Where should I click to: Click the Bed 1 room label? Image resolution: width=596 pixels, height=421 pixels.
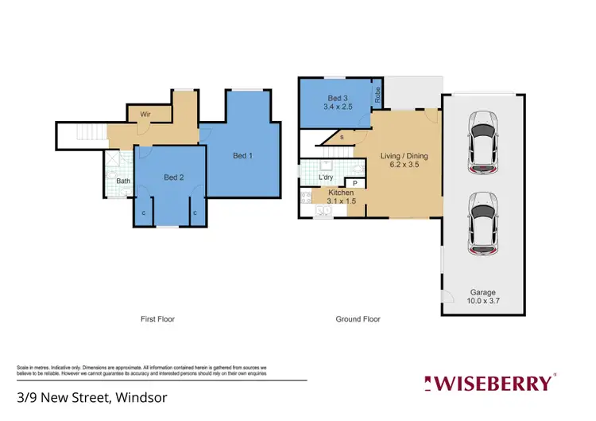(242, 156)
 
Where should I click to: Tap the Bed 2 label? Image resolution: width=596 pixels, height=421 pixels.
(174, 177)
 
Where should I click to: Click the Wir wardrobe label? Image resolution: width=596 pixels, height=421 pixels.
(145, 115)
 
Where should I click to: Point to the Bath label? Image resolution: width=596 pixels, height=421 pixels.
(123, 181)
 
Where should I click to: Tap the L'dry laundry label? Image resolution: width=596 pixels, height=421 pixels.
(326, 177)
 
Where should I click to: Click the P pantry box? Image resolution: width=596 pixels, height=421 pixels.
(354, 184)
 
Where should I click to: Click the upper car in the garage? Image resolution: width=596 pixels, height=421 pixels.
(483, 145)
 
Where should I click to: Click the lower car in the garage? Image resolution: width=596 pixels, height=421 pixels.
(483, 224)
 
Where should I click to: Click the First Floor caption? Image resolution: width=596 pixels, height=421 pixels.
(157, 319)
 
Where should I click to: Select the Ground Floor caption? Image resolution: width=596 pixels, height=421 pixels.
(358, 319)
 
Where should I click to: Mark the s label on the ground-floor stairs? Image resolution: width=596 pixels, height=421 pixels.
(342, 138)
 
